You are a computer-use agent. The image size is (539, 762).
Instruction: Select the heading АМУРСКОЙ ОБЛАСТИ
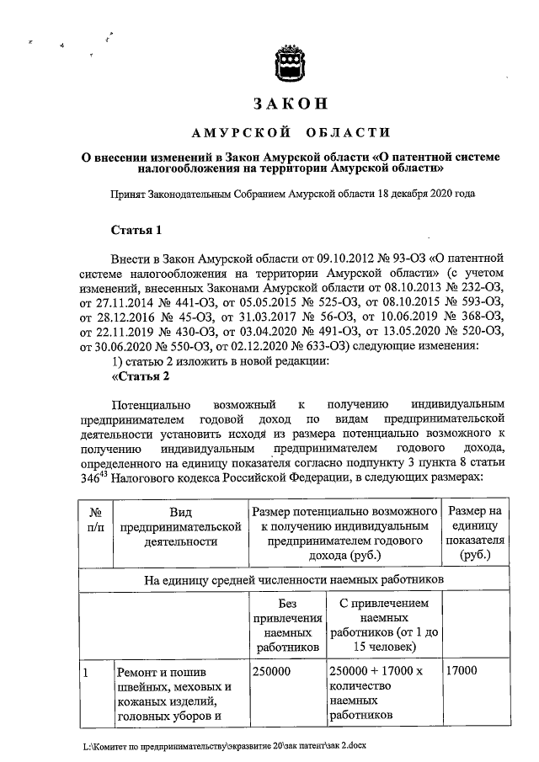click(290, 131)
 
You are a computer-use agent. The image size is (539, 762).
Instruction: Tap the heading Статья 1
click(136, 230)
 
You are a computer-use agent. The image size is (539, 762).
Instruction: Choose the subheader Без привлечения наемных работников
click(286, 626)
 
